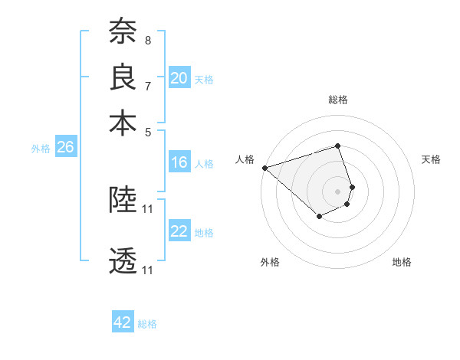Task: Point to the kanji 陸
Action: click(123, 200)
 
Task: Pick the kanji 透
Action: click(123, 261)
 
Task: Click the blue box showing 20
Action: click(179, 78)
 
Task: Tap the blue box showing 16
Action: click(179, 162)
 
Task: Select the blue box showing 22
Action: click(179, 232)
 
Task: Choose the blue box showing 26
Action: click(65, 148)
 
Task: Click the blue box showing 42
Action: click(123, 322)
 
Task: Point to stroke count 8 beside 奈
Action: click(147, 39)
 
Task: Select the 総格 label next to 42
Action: click(147, 324)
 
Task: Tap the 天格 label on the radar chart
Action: click(432, 159)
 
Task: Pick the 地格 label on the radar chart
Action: click(402, 262)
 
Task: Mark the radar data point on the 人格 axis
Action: click(264, 167)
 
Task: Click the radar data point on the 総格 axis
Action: click(337, 146)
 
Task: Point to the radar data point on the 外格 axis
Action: click(319, 217)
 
